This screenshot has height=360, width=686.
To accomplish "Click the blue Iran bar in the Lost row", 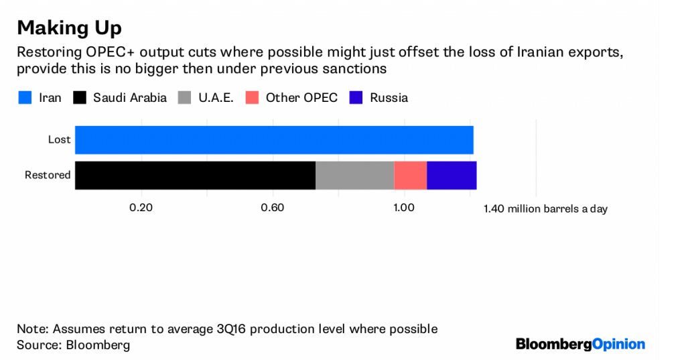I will pos(274,139).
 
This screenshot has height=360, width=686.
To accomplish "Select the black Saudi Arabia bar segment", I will pos(195,175).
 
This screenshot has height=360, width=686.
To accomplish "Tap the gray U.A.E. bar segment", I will pos(354,175).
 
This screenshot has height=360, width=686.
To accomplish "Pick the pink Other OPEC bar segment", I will pos(410,175).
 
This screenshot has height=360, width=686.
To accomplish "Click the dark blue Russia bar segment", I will pos(452,175).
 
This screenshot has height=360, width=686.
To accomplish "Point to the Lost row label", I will pos(59,139).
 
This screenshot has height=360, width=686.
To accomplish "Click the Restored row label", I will pos(48,175).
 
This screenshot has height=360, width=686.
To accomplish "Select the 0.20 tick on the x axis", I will pos(141,208).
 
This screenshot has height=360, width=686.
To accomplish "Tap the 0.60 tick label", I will pos(273,208).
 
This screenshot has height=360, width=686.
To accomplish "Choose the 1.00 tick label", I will pos(404,208).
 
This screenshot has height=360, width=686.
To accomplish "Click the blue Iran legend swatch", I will pos(25,98).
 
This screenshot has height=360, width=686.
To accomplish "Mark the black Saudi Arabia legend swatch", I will pos(80,98).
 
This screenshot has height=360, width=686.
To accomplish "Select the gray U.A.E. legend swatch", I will pos(184,98).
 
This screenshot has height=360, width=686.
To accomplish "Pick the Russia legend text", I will pos(389,98).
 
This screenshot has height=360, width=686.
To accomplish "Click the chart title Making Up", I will pos(69,28).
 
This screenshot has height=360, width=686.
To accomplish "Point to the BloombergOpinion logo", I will pos(580,344).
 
